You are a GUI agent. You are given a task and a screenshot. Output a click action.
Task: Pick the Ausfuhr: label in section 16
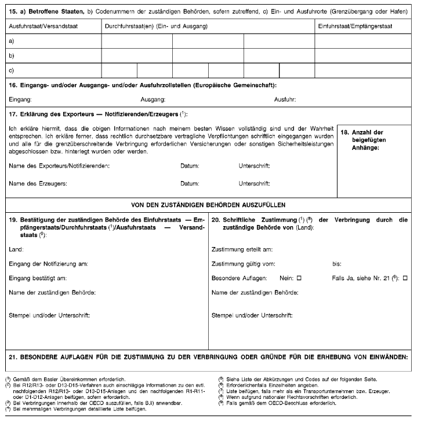285,99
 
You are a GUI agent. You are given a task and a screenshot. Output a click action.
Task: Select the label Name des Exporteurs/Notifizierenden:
60,166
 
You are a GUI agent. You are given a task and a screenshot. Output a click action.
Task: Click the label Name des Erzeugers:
39,183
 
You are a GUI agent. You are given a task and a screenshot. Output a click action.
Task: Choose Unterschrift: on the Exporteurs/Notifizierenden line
255,166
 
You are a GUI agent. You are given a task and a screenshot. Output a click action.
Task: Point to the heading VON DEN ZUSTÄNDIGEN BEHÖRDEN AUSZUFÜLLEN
210,205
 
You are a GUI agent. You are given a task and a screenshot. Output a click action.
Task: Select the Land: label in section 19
16,249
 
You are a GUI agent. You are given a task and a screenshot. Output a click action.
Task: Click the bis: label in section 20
336,264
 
